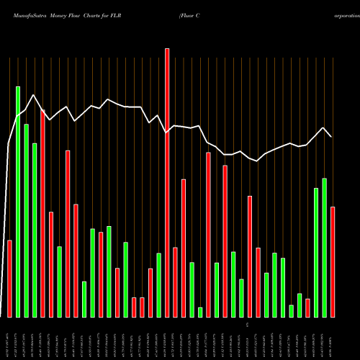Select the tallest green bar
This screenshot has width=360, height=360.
(x=18, y=202)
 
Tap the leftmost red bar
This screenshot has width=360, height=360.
(x=9, y=278)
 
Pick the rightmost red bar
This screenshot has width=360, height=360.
(x=333, y=261)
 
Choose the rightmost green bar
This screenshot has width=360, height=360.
(x=324, y=247)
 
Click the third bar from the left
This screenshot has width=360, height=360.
(x=26, y=220)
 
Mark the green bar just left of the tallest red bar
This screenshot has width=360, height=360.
(x=158, y=284)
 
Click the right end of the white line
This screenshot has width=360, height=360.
(x=331, y=136)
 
